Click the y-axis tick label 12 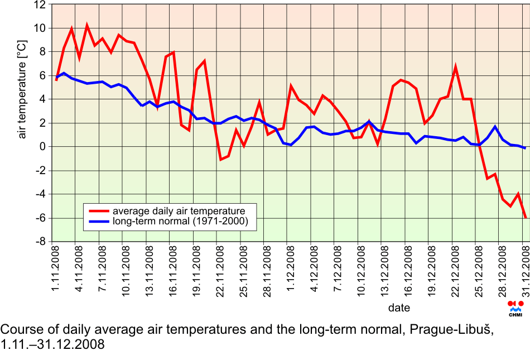click(x=40, y=5)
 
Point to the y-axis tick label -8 click(x=40, y=242)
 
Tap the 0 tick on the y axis click(x=43, y=147)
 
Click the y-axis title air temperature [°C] click(x=22, y=89)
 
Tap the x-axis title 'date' click(x=399, y=308)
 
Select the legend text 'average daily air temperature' click(x=179, y=211)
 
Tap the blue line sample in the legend click(x=98, y=222)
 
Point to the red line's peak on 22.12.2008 click(x=456, y=67)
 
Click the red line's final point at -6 click(x=526, y=218)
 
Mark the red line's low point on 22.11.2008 click(x=221, y=160)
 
